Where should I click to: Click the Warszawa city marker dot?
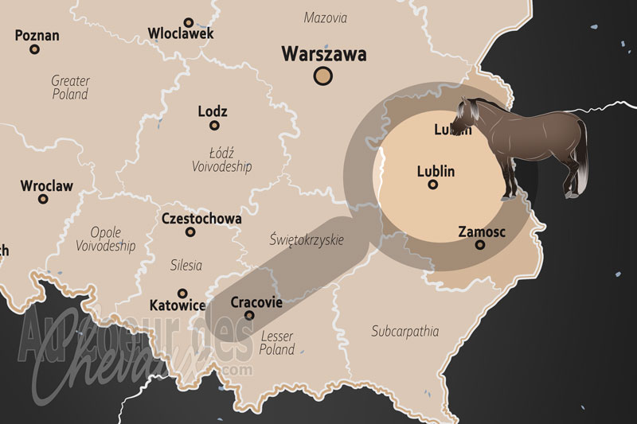(322, 76)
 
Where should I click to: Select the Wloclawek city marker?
(189, 22)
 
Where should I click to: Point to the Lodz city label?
(213, 112)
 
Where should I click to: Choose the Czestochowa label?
(190, 218)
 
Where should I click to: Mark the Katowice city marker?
(182, 294)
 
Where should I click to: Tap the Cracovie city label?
(256, 302)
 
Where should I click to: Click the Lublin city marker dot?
(433, 185)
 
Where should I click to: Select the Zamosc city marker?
(480, 245)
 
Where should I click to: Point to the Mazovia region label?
(326, 17)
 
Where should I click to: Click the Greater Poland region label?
(70, 88)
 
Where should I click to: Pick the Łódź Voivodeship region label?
(221, 159)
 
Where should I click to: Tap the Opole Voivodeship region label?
(106, 239)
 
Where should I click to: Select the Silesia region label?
(186, 265)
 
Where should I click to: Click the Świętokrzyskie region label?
(307, 239)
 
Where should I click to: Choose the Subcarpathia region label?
(405, 330)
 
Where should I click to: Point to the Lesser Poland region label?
(277, 343)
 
